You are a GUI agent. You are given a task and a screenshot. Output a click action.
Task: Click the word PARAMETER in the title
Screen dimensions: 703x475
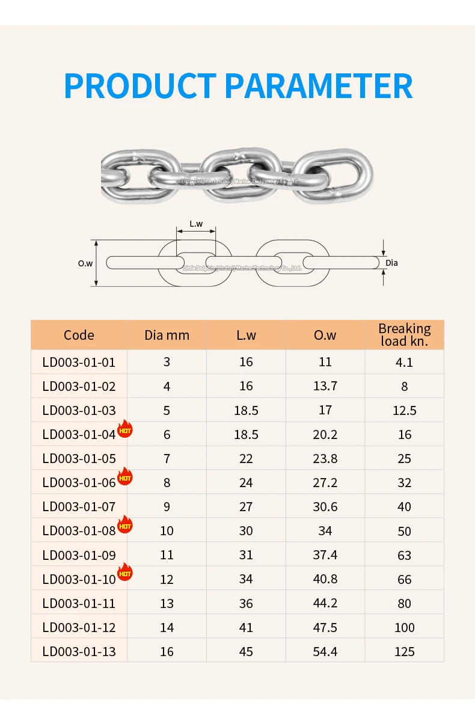click(319, 86)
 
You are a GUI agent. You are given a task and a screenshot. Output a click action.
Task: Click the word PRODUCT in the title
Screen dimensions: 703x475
click(139, 86)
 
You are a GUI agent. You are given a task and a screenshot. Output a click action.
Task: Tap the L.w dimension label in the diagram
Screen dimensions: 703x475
click(196, 224)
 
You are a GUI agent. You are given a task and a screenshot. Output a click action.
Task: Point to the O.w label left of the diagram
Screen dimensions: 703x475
click(85, 263)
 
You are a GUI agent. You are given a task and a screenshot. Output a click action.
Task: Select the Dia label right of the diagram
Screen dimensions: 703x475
click(391, 263)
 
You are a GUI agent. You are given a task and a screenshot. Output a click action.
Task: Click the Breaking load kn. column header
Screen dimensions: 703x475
click(405, 335)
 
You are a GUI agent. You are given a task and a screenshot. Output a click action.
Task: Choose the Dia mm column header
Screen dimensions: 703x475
click(167, 335)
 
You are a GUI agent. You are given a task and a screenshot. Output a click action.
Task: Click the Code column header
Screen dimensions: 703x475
click(79, 335)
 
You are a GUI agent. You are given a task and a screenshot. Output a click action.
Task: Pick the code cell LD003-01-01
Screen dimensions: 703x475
click(79, 362)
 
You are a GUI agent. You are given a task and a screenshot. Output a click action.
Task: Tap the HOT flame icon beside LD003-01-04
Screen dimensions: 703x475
click(124, 429)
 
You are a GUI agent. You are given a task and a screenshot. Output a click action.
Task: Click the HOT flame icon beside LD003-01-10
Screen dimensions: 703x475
click(124, 573)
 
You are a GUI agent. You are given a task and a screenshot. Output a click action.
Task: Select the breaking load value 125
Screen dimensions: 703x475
click(405, 651)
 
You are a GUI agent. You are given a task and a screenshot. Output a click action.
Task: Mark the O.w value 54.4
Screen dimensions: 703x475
click(325, 651)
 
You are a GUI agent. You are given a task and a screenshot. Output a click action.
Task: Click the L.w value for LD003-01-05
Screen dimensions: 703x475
click(246, 458)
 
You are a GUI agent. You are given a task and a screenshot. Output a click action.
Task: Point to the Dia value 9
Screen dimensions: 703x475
click(167, 506)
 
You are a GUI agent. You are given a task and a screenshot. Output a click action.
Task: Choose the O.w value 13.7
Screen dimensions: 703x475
click(325, 386)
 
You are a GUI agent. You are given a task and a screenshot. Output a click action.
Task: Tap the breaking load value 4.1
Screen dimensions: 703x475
click(405, 362)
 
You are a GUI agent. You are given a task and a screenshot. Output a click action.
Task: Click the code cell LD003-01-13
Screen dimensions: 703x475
click(79, 651)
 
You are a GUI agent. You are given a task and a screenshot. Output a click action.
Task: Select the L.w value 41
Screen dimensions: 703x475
click(246, 627)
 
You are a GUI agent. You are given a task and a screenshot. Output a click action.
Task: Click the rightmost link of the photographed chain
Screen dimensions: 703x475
click(334, 176)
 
